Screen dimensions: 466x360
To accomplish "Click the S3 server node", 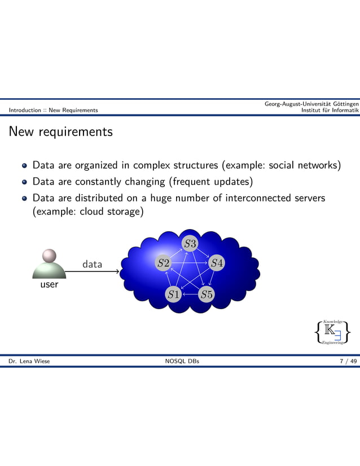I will point(190,244).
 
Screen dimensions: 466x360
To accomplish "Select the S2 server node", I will point(163,263).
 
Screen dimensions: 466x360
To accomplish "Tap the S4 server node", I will point(217,263).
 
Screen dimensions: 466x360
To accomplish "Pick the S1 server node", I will point(173,294).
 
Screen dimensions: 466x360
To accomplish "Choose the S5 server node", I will point(207,294).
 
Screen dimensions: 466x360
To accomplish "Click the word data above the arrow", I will point(93,264).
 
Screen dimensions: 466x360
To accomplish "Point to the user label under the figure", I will point(49,284).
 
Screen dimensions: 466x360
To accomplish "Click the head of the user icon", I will point(49,256).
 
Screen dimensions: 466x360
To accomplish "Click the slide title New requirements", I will point(60,132).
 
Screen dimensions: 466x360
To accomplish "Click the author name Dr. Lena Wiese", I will point(29,361).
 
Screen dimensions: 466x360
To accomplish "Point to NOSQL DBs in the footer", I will point(180,361).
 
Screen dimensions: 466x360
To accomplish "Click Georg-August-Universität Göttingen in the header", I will point(311,104).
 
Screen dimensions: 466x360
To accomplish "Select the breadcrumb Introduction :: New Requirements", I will point(49,110).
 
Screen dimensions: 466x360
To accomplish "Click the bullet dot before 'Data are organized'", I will point(24,166).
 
